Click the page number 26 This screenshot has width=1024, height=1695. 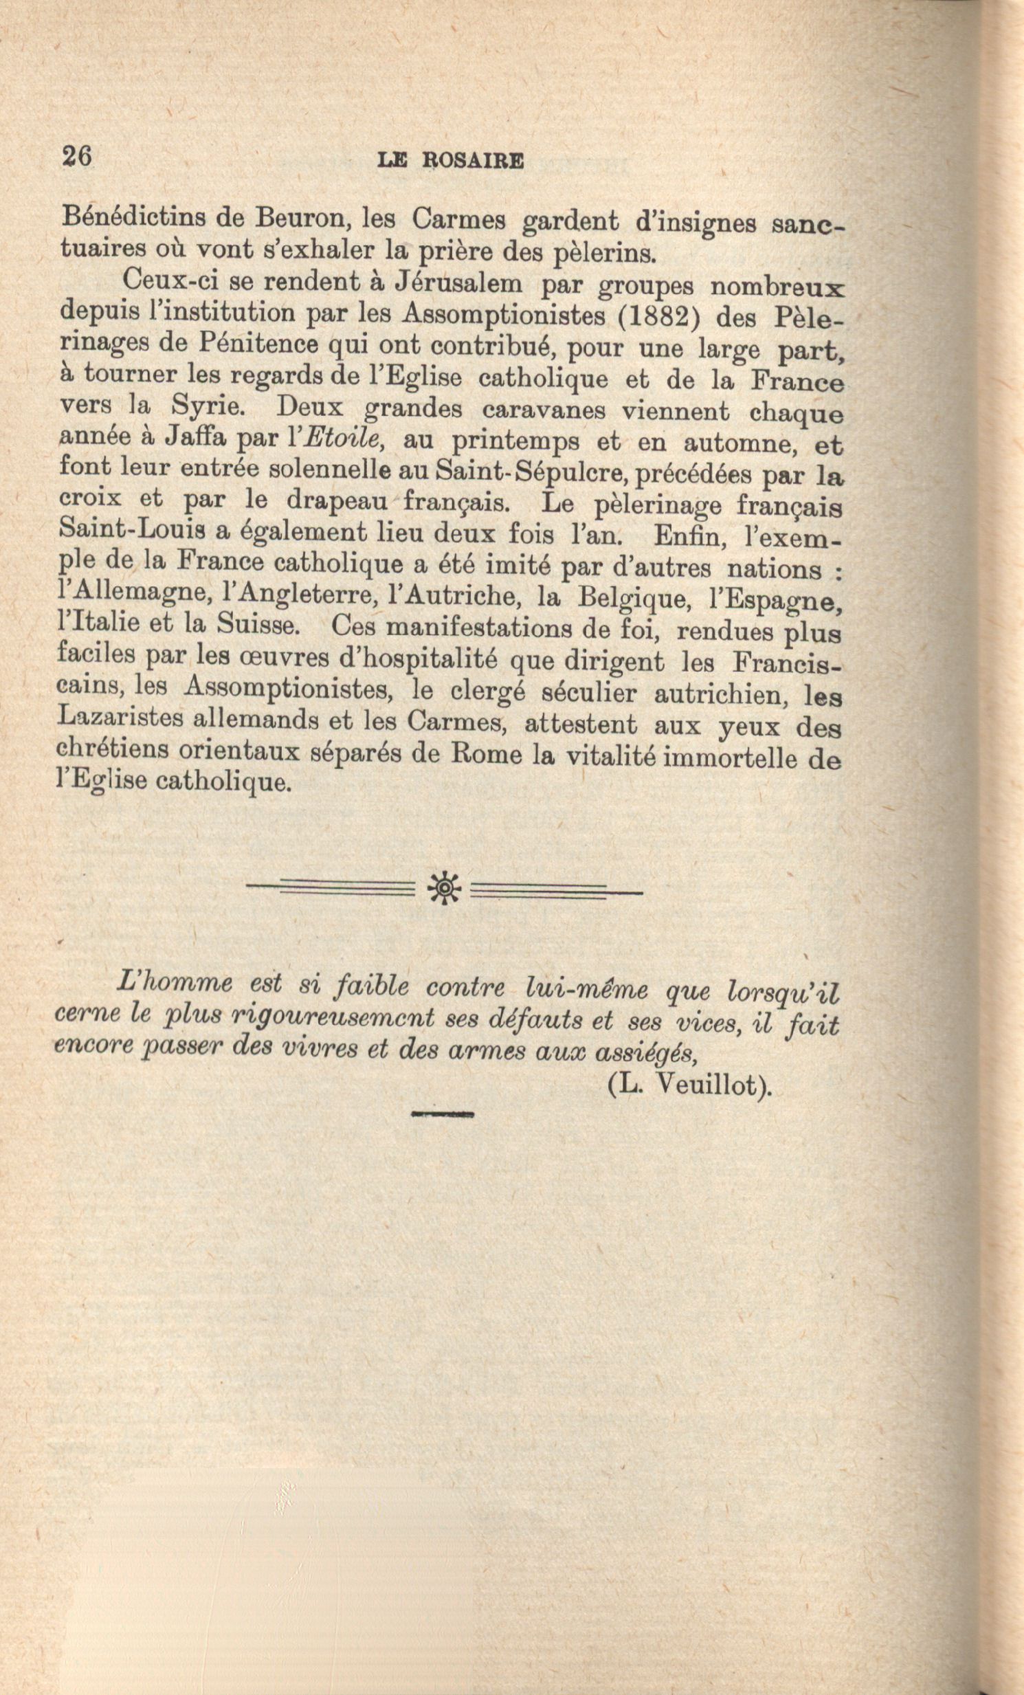(76, 156)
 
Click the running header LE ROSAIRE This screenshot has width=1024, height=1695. (450, 161)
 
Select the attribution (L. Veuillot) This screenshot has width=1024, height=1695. (690, 1085)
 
